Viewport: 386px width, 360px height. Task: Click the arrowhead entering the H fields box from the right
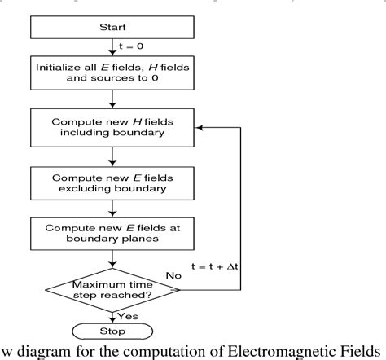pos(200,127)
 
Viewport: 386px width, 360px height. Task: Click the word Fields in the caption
pos(357,350)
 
